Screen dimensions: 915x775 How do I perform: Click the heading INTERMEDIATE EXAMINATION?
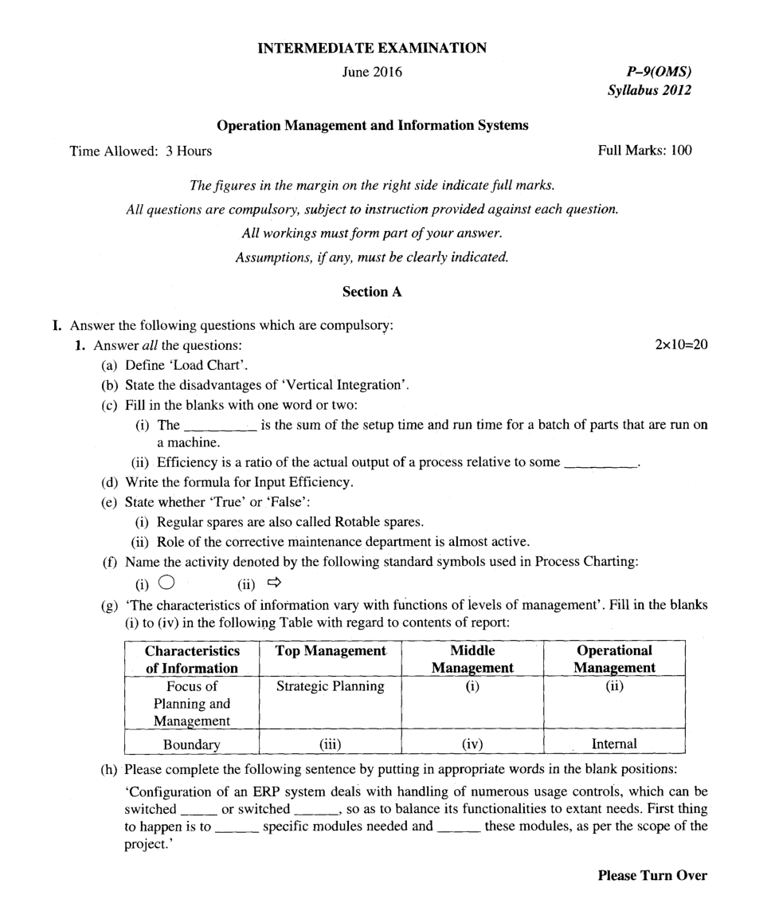point(372,49)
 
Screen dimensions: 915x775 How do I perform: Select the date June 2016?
point(372,73)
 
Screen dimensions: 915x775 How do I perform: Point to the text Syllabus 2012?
point(649,90)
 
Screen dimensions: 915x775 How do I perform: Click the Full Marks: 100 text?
point(644,150)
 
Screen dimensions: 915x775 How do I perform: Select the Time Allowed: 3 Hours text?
point(141,150)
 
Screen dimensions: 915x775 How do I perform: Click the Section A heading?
point(372,292)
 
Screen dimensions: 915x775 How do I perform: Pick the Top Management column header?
point(331,651)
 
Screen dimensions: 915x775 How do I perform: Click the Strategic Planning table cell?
point(331,686)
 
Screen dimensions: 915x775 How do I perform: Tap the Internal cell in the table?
point(614,744)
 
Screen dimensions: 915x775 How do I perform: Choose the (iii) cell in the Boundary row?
point(331,744)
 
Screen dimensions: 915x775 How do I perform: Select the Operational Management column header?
point(614,659)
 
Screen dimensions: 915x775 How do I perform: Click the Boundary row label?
point(191,744)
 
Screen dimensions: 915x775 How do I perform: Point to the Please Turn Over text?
point(652,875)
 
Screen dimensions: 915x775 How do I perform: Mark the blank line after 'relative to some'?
point(600,463)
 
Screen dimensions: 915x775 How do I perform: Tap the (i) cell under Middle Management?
point(472,686)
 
